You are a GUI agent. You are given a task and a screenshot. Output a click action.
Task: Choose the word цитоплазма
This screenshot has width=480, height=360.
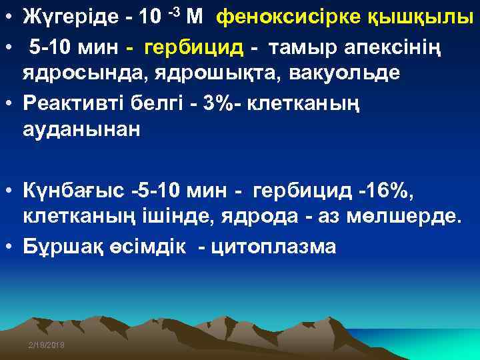pos(273,247)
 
